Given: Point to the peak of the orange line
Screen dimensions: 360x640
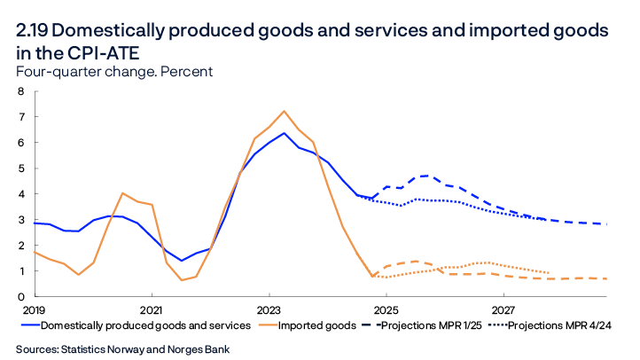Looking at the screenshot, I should pyautogui.click(x=284, y=112).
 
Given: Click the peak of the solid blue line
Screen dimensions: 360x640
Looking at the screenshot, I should pyautogui.click(x=284, y=133).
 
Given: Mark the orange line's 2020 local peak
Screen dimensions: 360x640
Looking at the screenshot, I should pyautogui.click(x=122, y=193).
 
